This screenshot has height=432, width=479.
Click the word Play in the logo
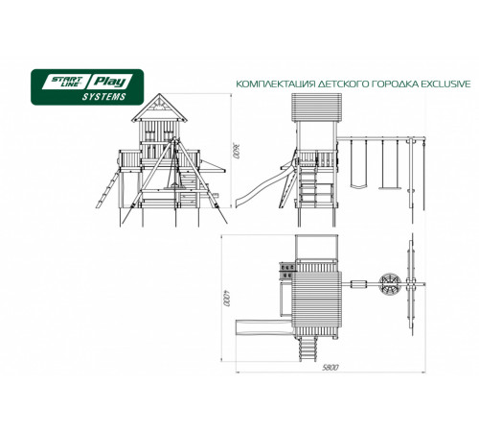click(109, 82)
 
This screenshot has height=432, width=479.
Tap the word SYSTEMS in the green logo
click(104, 97)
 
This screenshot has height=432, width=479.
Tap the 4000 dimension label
click(227, 299)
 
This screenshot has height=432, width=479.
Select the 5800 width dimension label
click(330, 368)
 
